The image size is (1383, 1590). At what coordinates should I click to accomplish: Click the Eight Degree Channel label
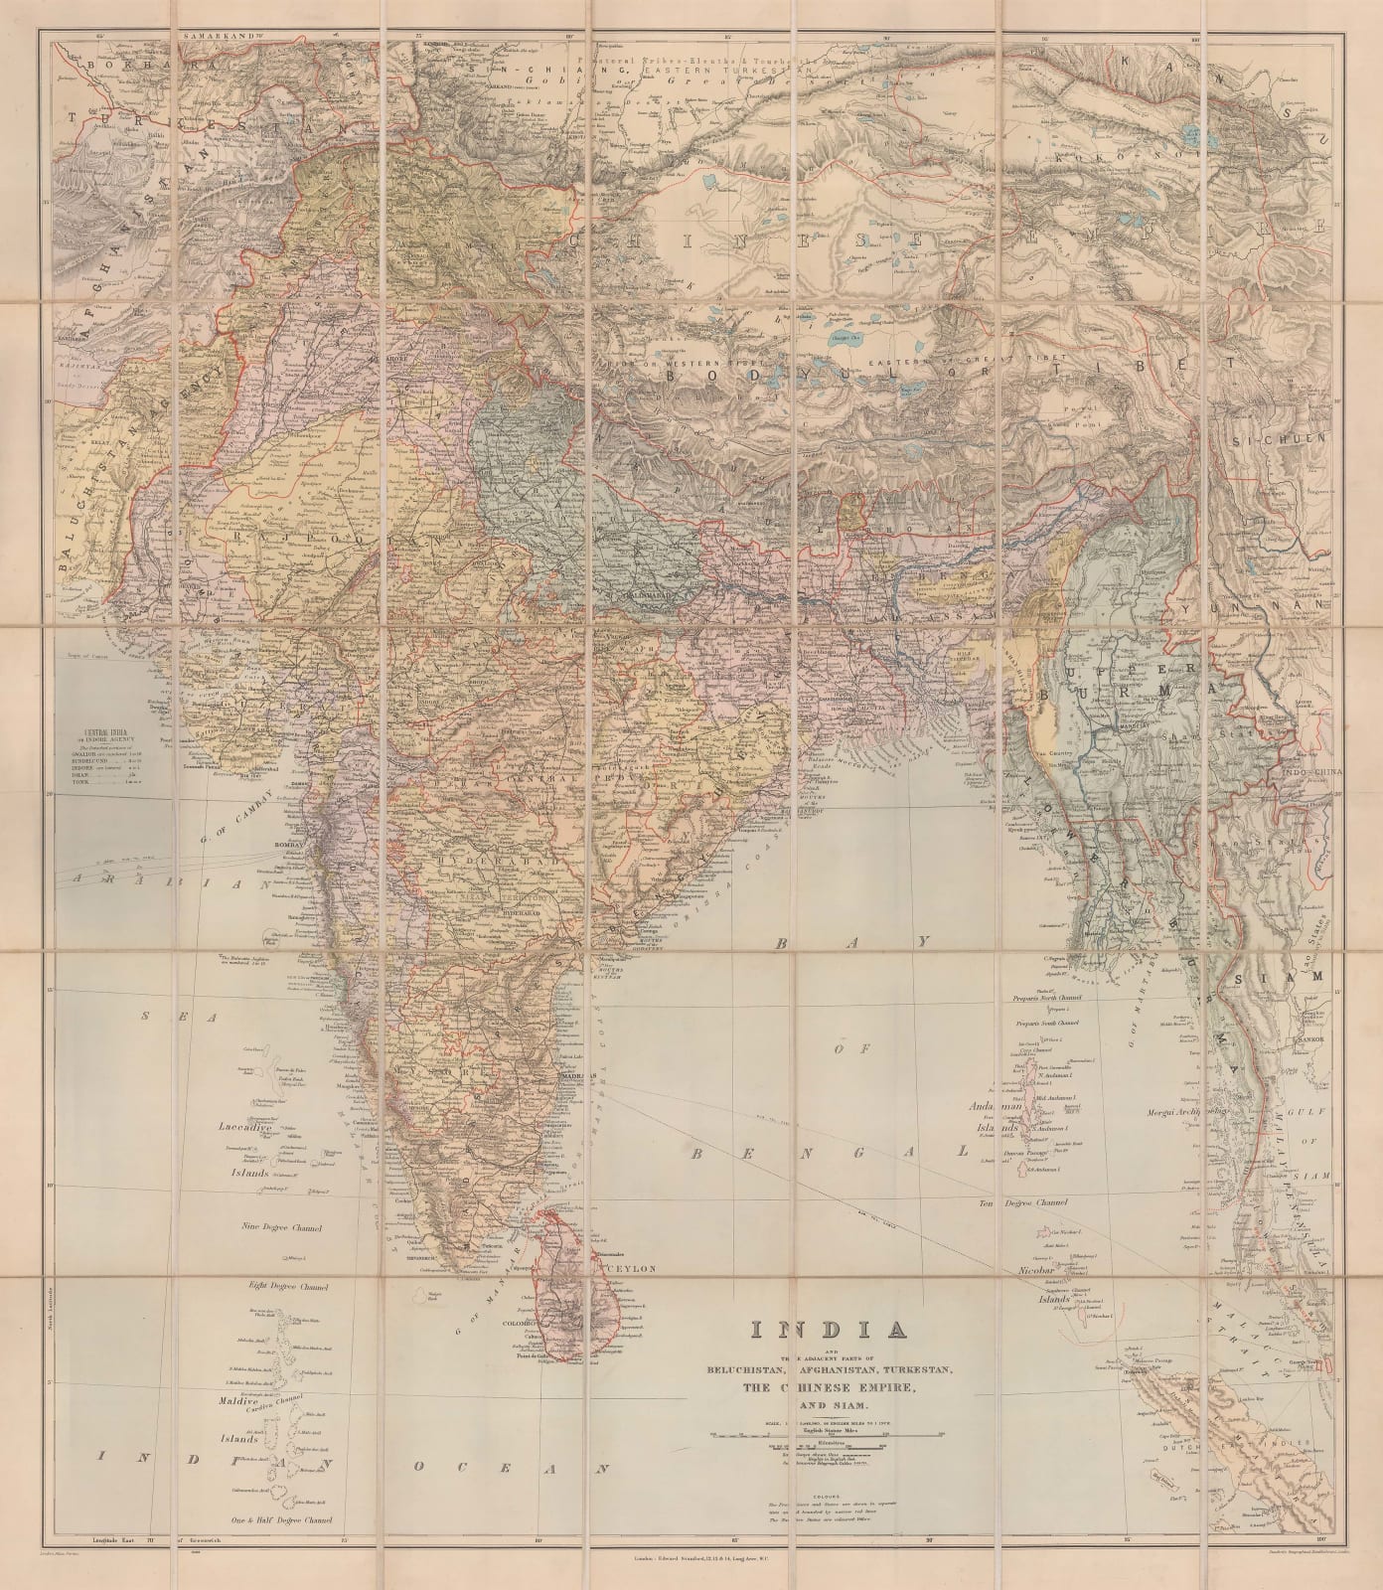pyautogui.click(x=287, y=1286)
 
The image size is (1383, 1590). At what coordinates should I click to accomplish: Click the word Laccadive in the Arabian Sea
pyautogui.click(x=247, y=1129)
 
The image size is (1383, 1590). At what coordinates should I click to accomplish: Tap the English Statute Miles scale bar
pyautogui.click(x=830, y=1435)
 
